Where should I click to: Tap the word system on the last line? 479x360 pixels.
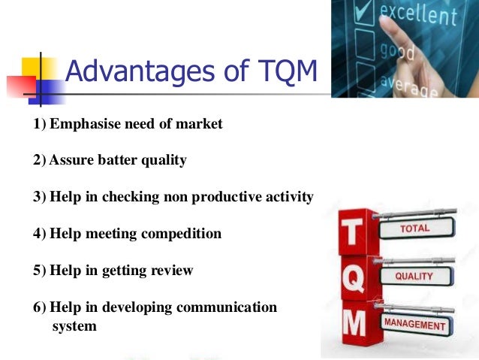click(74, 326)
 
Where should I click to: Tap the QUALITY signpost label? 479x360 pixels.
click(414, 277)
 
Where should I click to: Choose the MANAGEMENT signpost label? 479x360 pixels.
click(415, 324)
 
